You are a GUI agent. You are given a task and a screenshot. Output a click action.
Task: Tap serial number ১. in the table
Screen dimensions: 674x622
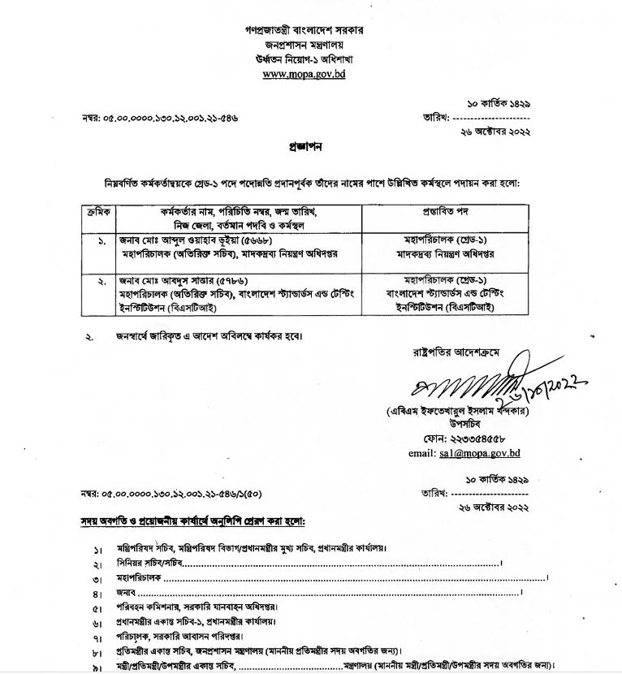pyautogui.click(x=101, y=242)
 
